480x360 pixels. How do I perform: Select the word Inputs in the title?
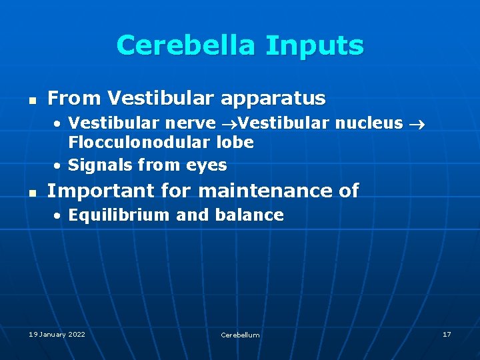(314, 45)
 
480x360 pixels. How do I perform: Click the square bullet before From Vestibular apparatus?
(31, 100)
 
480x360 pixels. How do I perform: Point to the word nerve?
(197, 123)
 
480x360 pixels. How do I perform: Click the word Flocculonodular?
(140, 142)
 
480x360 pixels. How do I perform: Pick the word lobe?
(235, 142)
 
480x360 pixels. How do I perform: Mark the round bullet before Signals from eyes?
(59, 165)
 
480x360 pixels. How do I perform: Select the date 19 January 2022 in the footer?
(57, 334)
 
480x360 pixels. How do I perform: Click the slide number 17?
(446, 334)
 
